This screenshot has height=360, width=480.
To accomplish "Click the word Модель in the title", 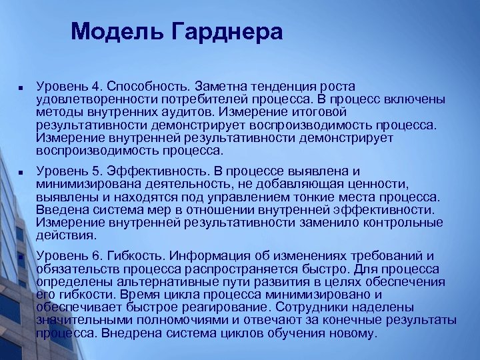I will tap(110, 31).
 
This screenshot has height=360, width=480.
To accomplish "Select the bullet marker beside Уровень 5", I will tap(21, 172).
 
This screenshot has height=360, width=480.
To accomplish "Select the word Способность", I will tap(147, 86).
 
